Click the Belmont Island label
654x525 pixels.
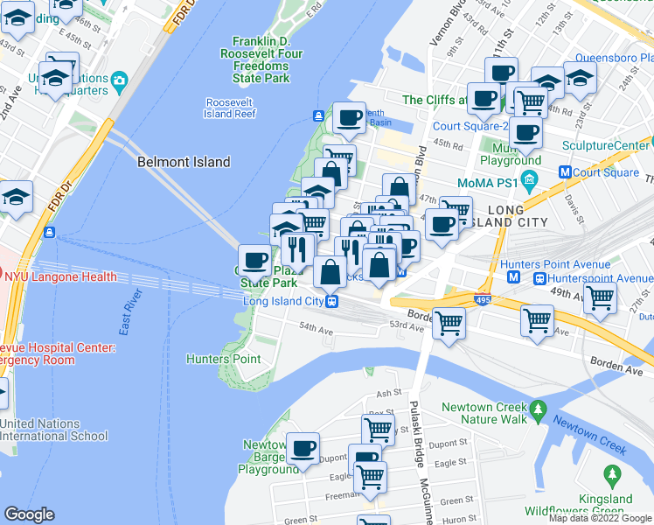[x=184, y=162]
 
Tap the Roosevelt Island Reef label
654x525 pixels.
[x=231, y=108]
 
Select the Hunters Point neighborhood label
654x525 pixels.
[x=223, y=359]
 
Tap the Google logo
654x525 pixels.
[x=29, y=514]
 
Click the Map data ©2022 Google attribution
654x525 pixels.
[x=600, y=518]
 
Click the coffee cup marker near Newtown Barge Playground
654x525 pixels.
[x=303, y=448]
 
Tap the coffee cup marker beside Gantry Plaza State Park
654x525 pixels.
[x=255, y=260]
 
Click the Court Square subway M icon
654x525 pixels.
[x=565, y=172]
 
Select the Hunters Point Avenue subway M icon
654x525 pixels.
[x=515, y=277]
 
